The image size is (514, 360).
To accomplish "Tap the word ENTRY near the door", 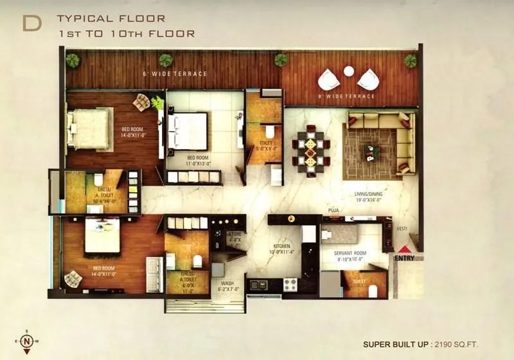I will pos(405,259).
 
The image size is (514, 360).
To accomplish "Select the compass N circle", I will pos(26,343).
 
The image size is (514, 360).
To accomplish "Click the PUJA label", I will pos(333,210).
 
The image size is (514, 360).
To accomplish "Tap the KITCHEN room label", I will pos(281,246).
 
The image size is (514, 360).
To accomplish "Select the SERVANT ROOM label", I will pos(350,253).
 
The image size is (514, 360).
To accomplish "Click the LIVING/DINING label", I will pos(368,196).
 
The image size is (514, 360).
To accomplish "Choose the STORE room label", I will pos(235,235).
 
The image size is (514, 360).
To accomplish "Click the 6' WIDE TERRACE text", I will pos(175,74).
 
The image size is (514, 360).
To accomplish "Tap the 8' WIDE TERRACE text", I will pos(348,96).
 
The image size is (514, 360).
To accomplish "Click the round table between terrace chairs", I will pos(349,71).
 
